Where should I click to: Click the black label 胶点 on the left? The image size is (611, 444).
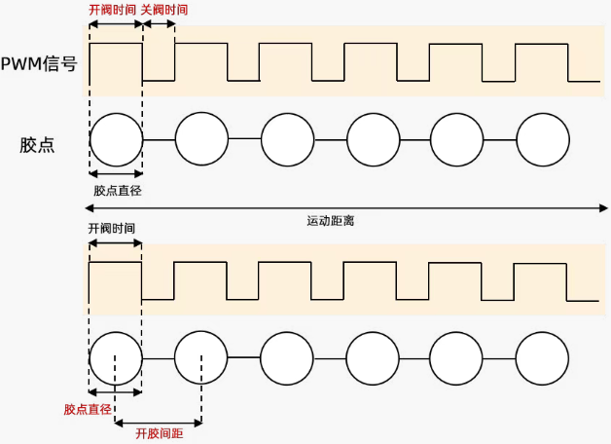click(37, 145)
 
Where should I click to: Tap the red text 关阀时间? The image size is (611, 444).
click(164, 10)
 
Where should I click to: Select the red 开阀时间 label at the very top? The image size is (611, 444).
click(112, 10)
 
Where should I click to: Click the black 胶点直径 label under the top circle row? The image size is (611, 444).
click(117, 191)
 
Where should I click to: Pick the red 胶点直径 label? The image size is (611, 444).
click(88, 409)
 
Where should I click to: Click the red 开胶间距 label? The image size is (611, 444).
click(160, 434)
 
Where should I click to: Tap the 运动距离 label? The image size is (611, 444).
click(331, 221)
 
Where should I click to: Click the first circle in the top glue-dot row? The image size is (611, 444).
click(116, 140)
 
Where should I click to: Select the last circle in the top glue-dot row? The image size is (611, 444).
click(542, 140)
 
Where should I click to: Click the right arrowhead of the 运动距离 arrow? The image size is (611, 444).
click(603, 206)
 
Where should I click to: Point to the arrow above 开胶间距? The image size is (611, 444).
click(159, 423)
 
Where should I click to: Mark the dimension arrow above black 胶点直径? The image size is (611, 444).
click(116, 176)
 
